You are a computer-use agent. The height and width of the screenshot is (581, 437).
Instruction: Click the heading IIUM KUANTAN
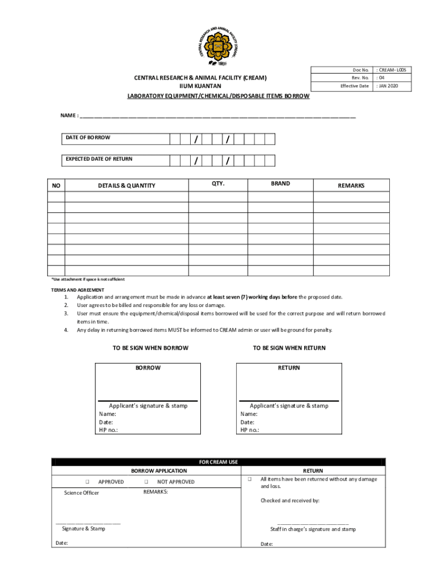pos(200,86)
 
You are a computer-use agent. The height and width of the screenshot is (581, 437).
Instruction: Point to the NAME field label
pos(70,116)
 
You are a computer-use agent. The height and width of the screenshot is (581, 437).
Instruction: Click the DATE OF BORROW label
pos(88,138)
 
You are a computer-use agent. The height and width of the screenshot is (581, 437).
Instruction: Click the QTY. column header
pos(218,184)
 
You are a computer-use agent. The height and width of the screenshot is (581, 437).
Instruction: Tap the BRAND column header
pos(280,184)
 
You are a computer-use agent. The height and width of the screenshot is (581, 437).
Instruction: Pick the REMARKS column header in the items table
pos(351,186)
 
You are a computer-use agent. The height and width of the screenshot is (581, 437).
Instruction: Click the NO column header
pos(56,186)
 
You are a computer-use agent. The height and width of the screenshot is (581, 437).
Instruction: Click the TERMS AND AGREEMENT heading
pos(78,290)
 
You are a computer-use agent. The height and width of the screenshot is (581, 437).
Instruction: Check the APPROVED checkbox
pos(88,482)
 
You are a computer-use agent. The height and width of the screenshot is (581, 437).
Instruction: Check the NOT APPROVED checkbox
pos(146,482)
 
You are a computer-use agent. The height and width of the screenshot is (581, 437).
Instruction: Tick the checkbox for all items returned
pos(249,479)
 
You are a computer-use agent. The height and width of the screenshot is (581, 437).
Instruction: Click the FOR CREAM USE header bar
pos(218,462)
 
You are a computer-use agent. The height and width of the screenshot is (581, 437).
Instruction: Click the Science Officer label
pos(82,492)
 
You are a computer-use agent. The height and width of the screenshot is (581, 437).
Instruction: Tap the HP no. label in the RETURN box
pos(250,430)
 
